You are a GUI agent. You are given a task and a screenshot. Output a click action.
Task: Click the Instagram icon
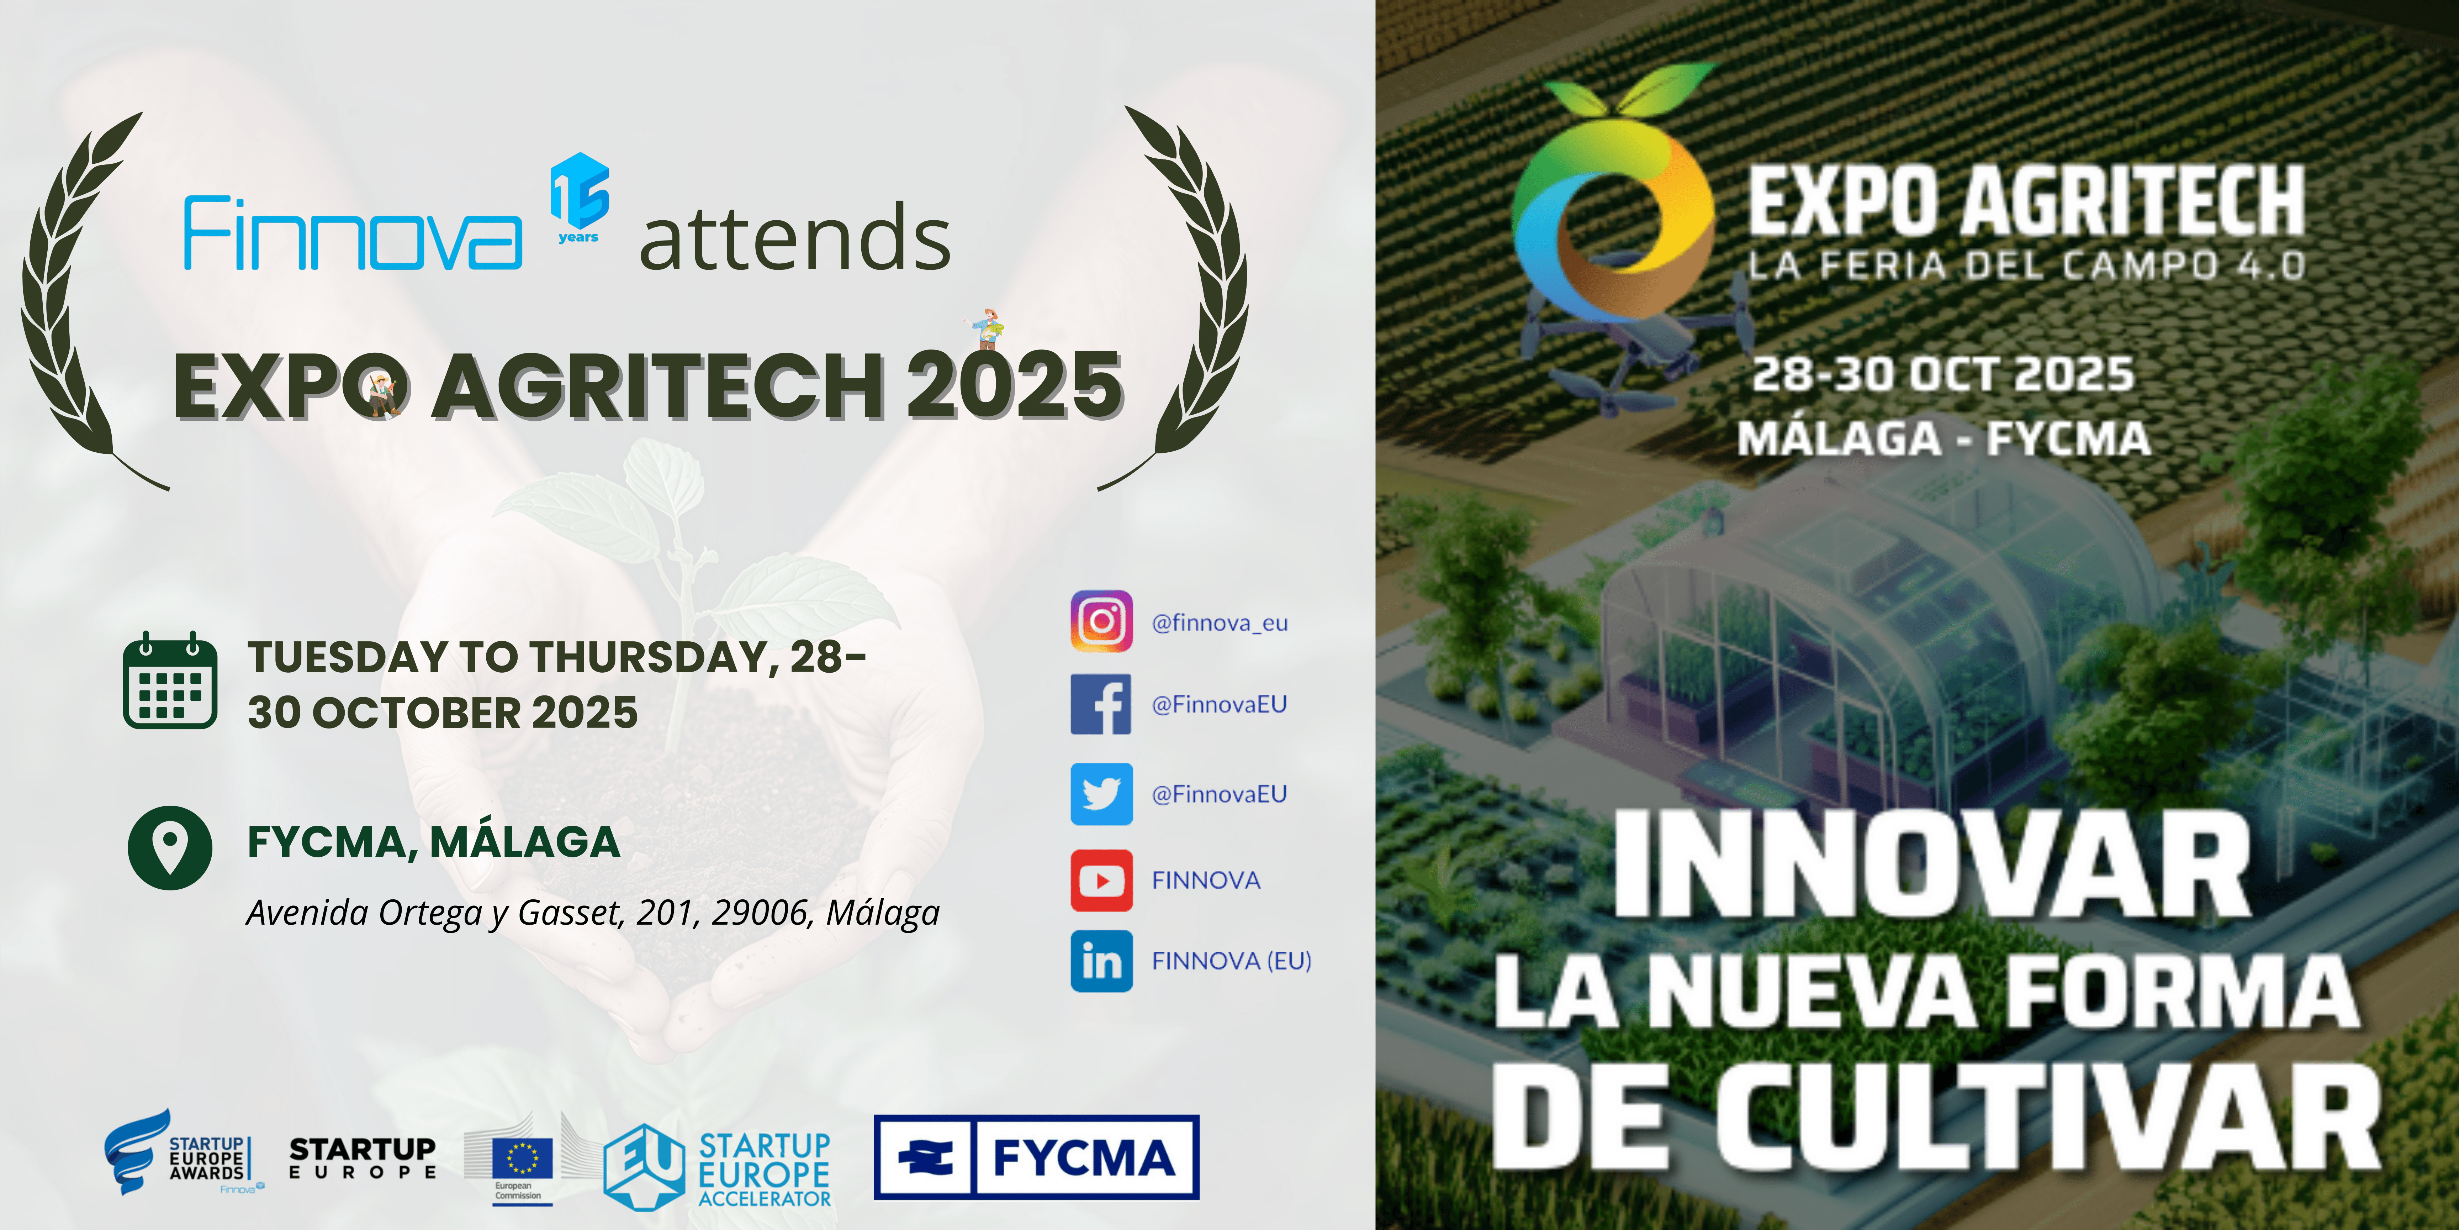(x=1101, y=622)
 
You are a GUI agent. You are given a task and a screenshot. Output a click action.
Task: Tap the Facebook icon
(x=1101, y=704)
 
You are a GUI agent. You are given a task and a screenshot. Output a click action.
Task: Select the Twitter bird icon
(x=1101, y=794)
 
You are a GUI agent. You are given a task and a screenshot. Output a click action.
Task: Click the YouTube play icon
(x=1101, y=881)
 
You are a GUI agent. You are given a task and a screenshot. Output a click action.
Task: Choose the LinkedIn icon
(x=1101, y=961)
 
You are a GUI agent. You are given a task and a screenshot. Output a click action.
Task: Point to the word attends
(x=795, y=239)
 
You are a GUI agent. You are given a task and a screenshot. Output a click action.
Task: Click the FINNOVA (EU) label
(x=1231, y=961)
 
